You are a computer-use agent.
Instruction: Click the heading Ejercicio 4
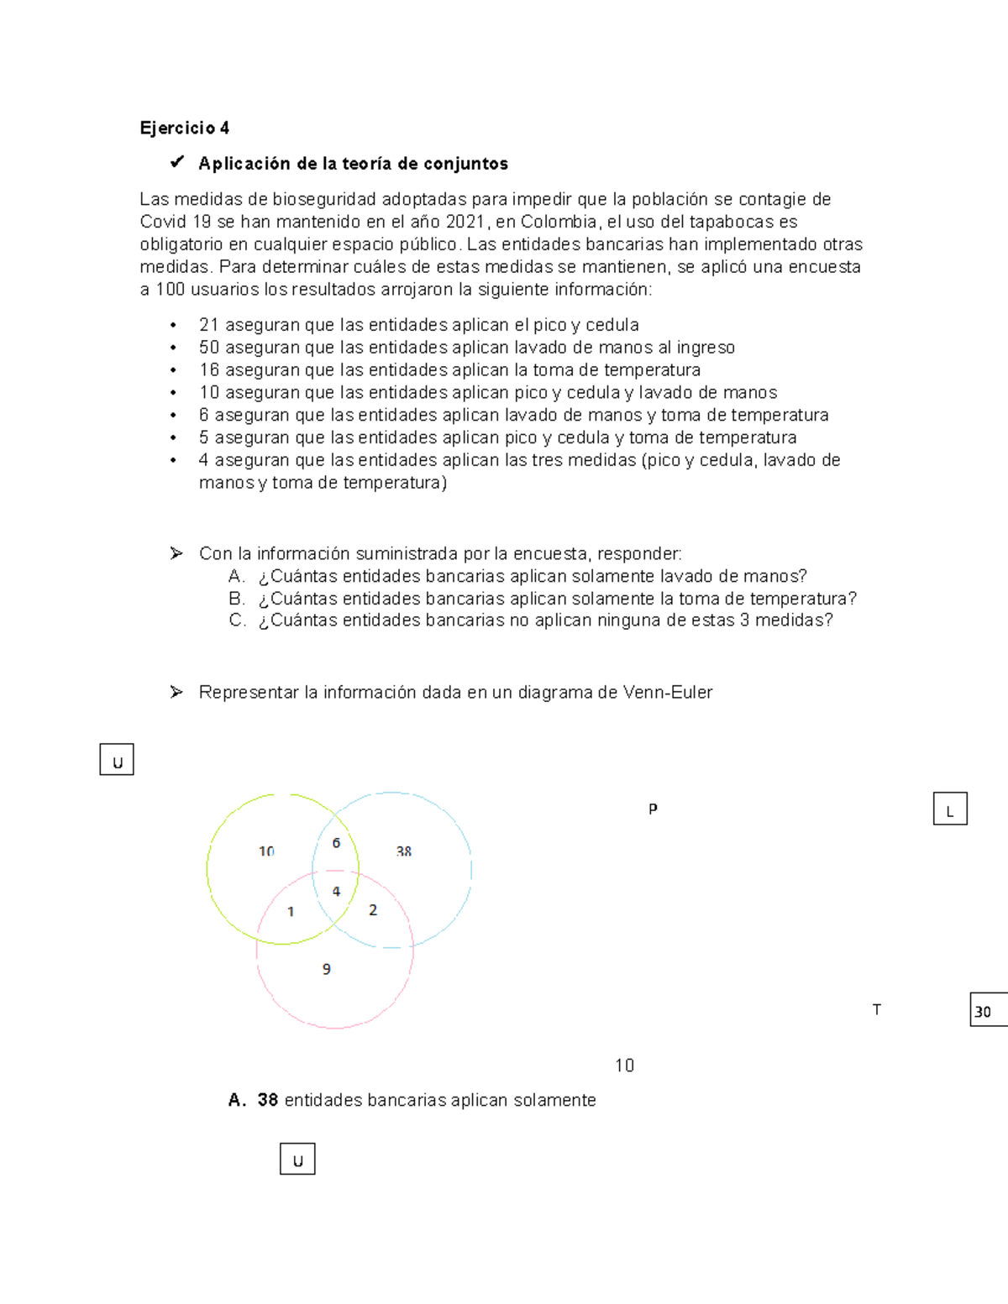(184, 128)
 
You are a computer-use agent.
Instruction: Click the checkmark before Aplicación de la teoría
(177, 162)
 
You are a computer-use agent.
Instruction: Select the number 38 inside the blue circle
(404, 851)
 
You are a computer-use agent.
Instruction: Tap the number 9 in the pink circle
(327, 969)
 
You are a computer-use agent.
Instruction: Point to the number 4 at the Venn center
(336, 892)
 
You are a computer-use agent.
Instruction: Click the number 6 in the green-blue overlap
(336, 843)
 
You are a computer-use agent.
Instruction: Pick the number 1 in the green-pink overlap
(291, 912)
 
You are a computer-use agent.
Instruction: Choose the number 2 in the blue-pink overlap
(373, 910)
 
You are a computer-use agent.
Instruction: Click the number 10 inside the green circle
(266, 851)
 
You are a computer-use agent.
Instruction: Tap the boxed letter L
(950, 809)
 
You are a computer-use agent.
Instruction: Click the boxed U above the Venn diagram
(117, 760)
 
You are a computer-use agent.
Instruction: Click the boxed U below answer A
(297, 1160)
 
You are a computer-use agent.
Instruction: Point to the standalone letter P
(653, 809)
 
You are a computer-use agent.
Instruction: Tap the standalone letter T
(876, 1010)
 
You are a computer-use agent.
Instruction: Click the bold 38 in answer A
(267, 1100)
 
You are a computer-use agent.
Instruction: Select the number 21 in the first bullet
(208, 325)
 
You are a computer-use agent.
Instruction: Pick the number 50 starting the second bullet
(209, 348)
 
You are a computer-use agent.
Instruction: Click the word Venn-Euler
(667, 693)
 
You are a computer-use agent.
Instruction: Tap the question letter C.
(237, 621)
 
